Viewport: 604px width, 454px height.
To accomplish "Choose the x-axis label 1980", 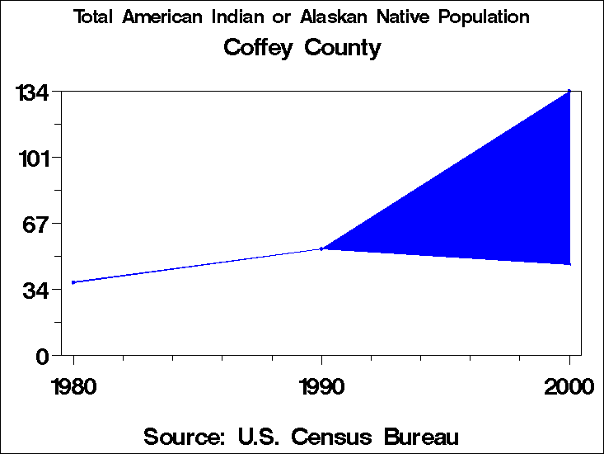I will point(73,387).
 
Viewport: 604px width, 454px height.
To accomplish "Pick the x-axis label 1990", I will point(321,387).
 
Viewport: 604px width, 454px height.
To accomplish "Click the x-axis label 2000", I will point(569,387).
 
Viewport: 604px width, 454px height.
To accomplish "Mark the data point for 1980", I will point(73,282).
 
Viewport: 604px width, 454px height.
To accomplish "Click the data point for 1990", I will point(321,248).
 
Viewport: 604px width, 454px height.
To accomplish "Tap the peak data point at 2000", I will point(569,91).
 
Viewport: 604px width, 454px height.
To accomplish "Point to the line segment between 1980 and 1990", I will point(198,266).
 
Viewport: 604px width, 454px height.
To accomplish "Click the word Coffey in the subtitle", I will point(259,48).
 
